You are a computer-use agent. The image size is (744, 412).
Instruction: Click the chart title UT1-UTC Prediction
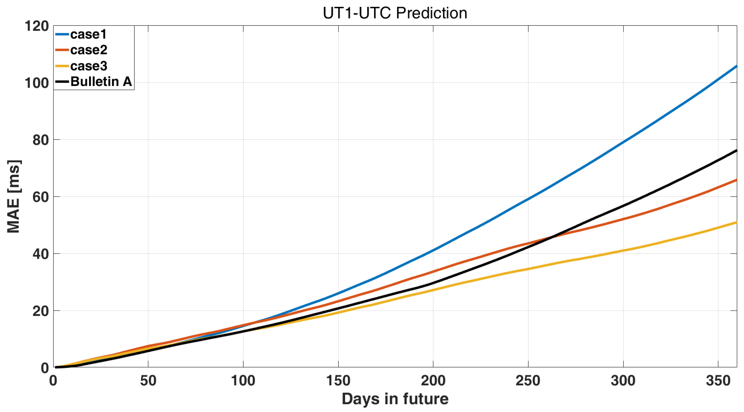394,13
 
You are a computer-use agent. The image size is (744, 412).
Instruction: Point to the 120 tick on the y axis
37,26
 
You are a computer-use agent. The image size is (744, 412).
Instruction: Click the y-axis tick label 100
37,83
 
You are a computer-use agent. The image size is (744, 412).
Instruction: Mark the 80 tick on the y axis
41,140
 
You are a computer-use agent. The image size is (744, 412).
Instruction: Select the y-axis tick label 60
41,197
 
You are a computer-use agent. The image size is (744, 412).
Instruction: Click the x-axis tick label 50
148,381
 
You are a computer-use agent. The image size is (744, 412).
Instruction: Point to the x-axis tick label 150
338,381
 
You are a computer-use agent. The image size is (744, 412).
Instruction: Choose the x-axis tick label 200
433,381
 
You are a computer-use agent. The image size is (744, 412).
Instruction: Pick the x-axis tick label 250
528,381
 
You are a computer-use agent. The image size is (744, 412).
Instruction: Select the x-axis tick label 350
718,381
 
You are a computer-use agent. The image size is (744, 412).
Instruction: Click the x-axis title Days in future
395,399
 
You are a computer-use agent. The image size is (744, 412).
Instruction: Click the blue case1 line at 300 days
623,142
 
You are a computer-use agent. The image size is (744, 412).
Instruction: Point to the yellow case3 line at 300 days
623,250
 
